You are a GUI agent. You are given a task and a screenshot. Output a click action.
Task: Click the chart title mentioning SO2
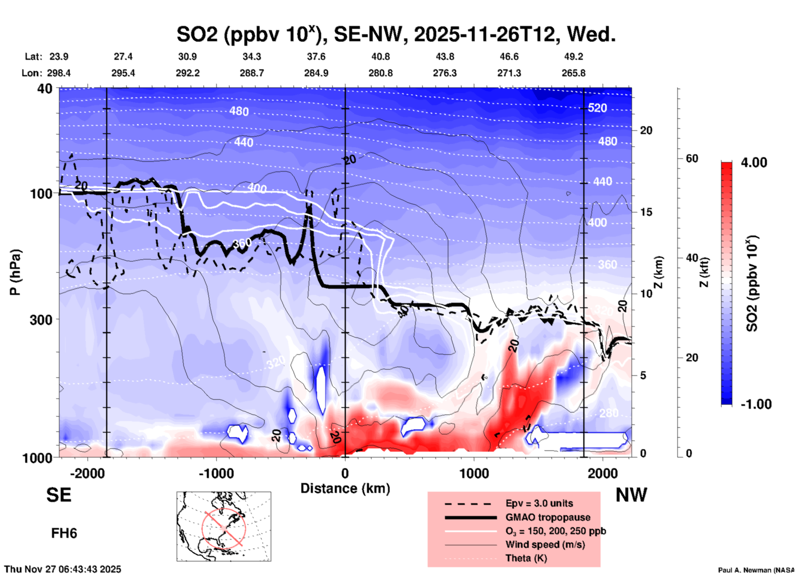pos(396,34)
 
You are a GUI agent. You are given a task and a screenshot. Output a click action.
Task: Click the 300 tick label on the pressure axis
pos(41,320)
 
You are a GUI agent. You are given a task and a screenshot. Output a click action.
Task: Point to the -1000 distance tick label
pos(216,474)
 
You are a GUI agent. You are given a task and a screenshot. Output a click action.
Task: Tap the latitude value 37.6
pos(316,57)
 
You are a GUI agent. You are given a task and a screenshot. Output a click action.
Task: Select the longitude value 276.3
pos(445,73)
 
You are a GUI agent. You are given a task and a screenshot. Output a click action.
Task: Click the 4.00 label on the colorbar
pos(754,163)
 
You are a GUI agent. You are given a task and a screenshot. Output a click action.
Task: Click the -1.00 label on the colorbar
pos(756,404)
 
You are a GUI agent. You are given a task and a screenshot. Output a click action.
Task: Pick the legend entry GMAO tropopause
pos(548,517)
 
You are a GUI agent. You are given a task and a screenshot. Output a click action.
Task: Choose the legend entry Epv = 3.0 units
pos(539,503)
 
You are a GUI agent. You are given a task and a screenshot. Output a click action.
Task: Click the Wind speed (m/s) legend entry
pos(545,545)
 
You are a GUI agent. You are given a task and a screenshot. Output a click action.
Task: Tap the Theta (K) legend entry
pos(526,559)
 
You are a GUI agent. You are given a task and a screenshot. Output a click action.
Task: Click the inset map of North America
pos(224,526)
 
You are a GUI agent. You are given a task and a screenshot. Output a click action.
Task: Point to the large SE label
pos(59,495)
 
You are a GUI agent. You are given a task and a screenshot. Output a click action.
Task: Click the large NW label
pos(631,495)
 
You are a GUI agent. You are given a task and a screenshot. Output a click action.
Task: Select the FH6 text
pos(64,533)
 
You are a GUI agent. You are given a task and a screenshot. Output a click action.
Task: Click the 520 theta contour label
pos(597,108)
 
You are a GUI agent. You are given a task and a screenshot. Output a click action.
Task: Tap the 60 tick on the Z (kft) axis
pos(692,158)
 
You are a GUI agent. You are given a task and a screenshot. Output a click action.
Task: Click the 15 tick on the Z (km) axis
pos(646,212)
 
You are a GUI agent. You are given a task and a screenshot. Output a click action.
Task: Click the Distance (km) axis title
pos(345,488)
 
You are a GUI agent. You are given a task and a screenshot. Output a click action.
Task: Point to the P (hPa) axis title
pos(15,272)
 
